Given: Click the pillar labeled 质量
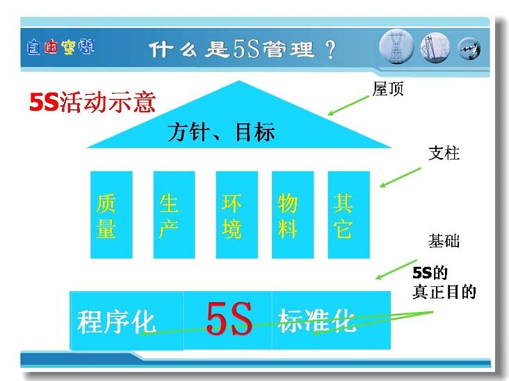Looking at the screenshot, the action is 111,215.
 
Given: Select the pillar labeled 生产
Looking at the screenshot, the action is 174,215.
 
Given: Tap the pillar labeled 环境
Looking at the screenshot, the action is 236,215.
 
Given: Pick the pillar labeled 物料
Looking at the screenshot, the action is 293,215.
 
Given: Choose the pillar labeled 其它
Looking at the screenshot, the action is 349,215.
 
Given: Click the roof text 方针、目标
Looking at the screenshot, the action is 221,132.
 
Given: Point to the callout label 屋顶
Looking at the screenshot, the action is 388,88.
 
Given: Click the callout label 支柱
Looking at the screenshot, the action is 444,153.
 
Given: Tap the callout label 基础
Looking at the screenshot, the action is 444,241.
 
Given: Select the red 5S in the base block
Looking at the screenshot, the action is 229,319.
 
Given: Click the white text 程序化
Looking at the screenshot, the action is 116,322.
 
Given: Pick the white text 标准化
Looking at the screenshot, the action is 317,320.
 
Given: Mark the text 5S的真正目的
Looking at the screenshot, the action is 444,282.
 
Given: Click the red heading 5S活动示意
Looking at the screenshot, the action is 92,102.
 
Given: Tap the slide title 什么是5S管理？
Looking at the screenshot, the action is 243,49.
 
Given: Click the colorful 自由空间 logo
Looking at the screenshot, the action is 60,47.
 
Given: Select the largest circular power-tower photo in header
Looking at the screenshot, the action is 396,47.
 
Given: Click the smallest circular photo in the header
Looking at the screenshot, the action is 469,49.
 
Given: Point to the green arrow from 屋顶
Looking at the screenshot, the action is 348,105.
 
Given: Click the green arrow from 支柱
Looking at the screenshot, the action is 400,178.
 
